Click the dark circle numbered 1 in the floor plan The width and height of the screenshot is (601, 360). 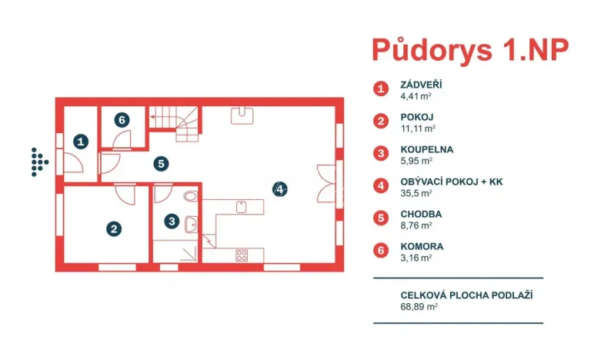coord(82,141)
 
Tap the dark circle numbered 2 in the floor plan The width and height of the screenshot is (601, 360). coord(113,228)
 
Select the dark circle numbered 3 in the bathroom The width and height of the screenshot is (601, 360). coord(172,221)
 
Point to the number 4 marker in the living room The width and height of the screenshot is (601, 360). coord(281,188)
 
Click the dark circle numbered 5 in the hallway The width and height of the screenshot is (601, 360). coord(159,163)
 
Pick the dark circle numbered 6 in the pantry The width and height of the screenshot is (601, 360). coord(122,119)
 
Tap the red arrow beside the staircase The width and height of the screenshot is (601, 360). coord(154,117)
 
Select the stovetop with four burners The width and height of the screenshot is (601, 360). coord(242,255)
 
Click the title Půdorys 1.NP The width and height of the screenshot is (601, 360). coord(470,48)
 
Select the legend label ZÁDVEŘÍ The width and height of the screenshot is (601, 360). coord(422,85)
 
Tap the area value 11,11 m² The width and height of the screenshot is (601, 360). coord(419,128)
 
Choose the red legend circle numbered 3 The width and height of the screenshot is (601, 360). coord(381,154)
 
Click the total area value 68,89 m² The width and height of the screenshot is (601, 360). coord(419,306)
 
